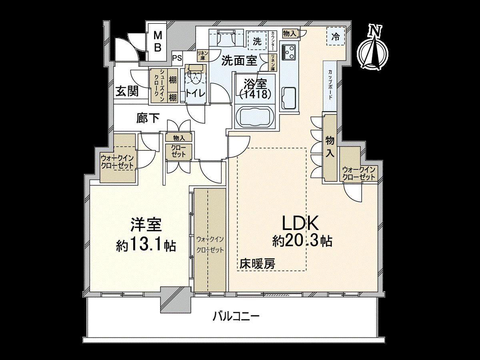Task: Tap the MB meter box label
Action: (x=158, y=42)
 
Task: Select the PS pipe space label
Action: (x=177, y=58)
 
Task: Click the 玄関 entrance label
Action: (x=127, y=92)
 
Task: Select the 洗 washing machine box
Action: (x=257, y=40)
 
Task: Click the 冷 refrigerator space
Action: (x=335, y=37)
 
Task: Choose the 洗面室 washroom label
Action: (x=239, y=60)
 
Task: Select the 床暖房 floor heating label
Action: (x=257, y=264)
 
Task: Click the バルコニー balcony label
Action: (x=236, y=317)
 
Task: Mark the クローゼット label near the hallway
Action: (x=179, y=152)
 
